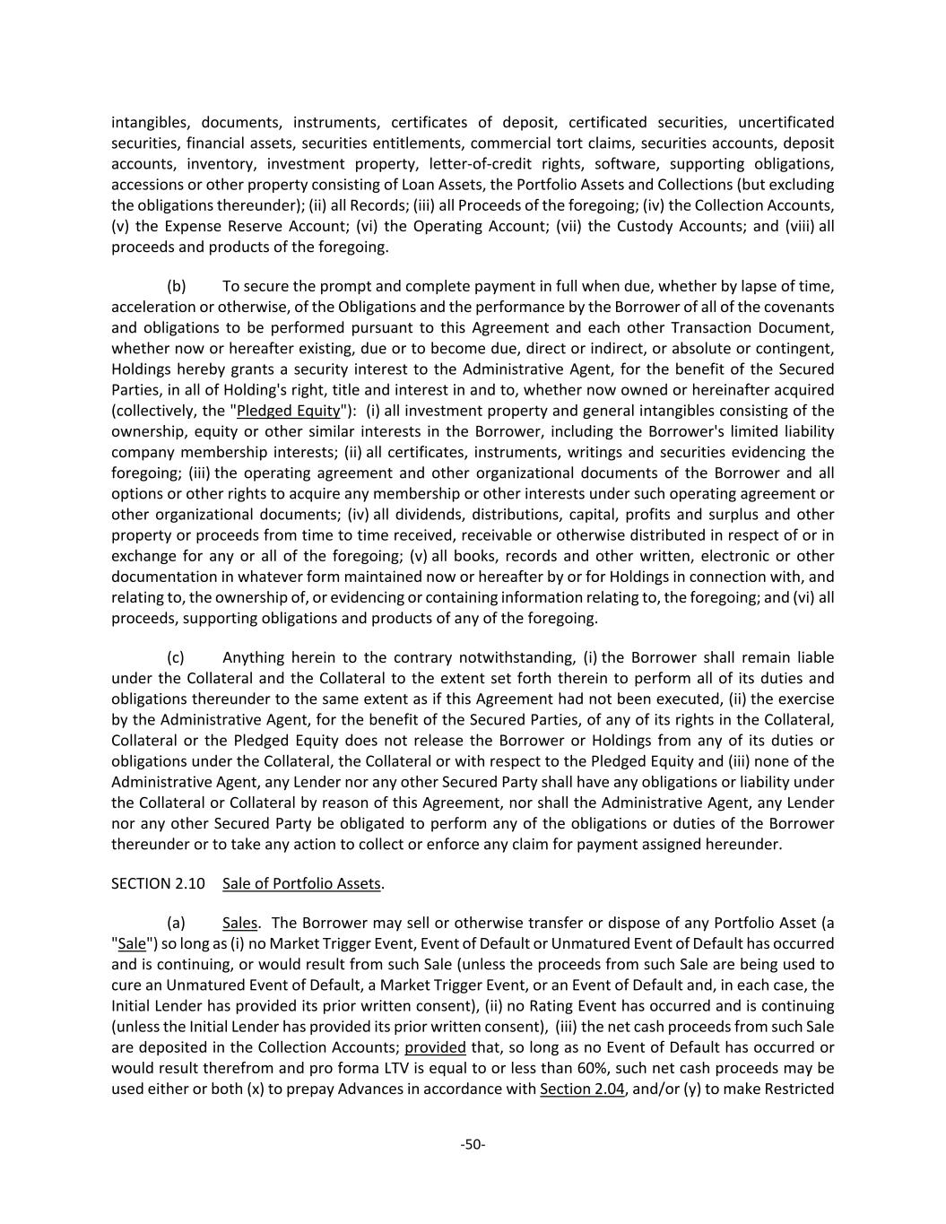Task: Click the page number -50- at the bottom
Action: pyautogui.click(x=473, y=1143)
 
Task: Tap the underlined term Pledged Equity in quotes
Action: pyautogui.click(x=288, y=411)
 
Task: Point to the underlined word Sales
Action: pyautogui.click(x=239, y=923)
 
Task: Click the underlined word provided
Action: pyautogui.click(x=435, y=1047)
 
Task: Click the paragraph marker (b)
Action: pyautogui.click(x=176, y=286)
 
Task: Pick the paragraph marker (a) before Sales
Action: pyautogui.click(x=176, y=923)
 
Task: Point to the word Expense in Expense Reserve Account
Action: pyautogui.click(x=191, y=226)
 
